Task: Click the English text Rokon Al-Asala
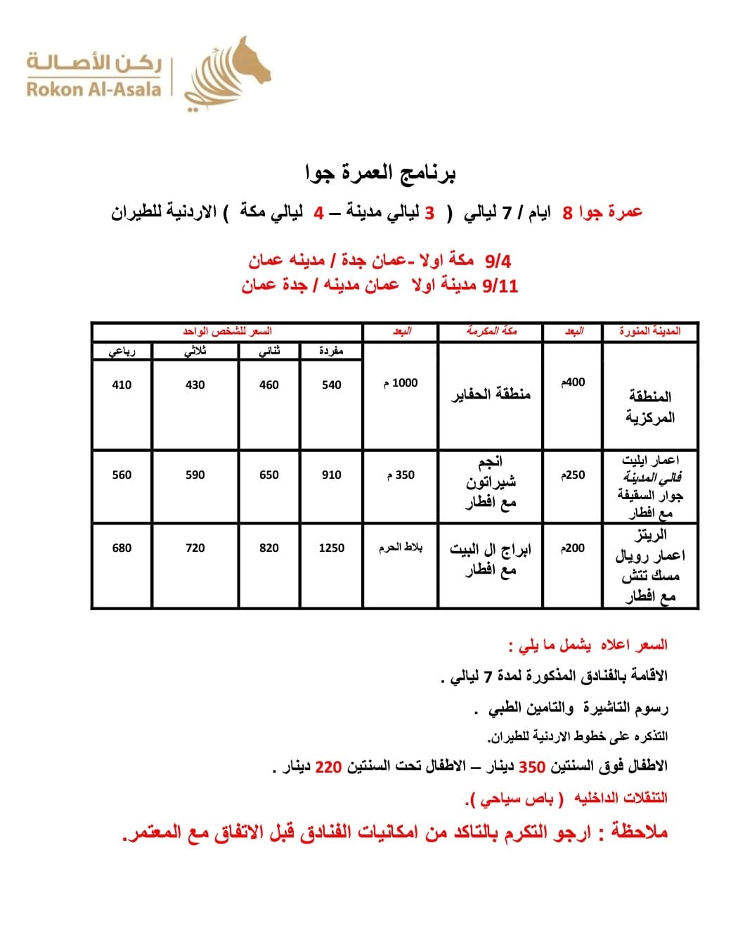tap(94, 89)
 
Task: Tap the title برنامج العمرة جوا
tap(380, 172)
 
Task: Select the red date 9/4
tap(498, 261)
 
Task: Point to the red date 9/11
tap(500, 285)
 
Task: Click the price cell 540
tap(331, 385)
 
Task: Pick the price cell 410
tap(122, 385)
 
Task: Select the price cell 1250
tap(331, 548)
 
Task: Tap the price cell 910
tap(331, 475)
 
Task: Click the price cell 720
tap(195, 548)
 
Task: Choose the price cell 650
tap(269, 475)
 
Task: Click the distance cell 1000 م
tap(401, 383)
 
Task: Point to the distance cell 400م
tap(573, 382)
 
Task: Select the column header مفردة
tap(330, 350)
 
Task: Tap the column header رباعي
tap(122, 351)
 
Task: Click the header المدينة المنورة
tap(650, 331)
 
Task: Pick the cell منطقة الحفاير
tap(491, 394)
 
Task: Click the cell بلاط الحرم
tap(401, 548)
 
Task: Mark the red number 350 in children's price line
tap(532, 766)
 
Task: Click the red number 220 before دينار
tap(328, 766)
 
